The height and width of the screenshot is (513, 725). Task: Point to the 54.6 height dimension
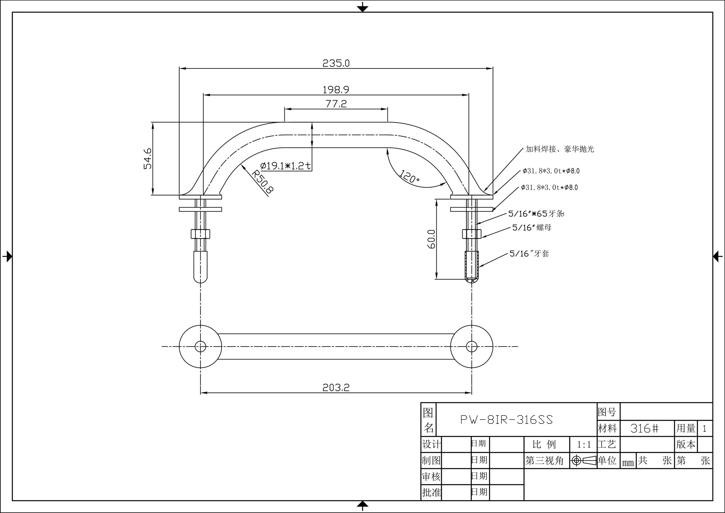click(x=148, y=159)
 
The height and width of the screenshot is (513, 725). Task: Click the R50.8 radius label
click(x=262, y=182)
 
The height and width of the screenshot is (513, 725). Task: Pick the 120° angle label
click(x=409, y=177)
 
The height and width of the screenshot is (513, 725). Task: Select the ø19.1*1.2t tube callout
click(x=285, y=165)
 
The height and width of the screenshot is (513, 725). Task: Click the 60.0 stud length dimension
click(x=432, y=239)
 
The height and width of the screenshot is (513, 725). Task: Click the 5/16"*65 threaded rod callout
click(x=536, y=214)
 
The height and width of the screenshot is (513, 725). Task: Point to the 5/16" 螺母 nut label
click(x=532, y=228)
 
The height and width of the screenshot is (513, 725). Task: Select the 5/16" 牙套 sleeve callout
click(x=529, y=253)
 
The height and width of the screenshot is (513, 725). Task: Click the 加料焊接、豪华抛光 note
click(x=559, y=149)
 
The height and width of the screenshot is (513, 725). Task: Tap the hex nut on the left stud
click(x=200, y=234)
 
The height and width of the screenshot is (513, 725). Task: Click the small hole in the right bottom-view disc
click(x=472, y=346)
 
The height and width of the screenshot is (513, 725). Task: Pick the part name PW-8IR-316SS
click(x=507, y=420)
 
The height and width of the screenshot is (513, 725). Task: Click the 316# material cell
click(x=644, y=429)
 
